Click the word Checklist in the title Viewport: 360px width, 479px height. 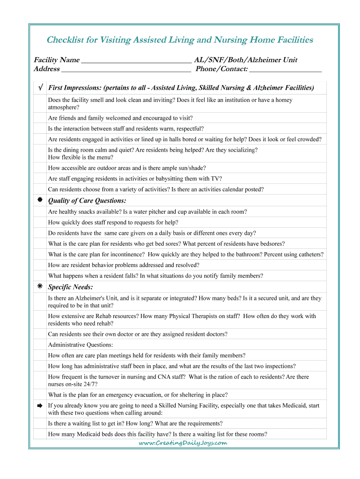(x=65, y=40)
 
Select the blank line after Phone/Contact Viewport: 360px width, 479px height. (x=286, y=71)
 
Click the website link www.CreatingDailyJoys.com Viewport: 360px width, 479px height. (x=183, y=443)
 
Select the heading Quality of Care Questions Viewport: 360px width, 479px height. (x=87, y=201)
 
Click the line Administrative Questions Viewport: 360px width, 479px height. (x=80, y=345)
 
